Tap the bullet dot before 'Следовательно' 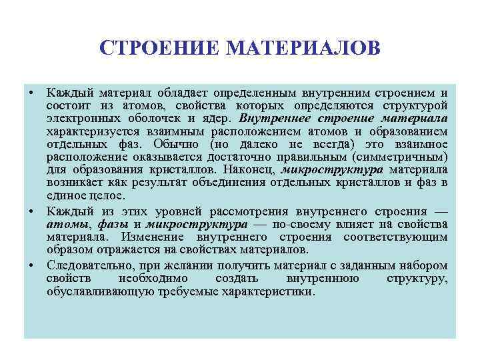pos(31,265)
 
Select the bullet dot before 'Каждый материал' pos(31,92)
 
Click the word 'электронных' pos(79,119)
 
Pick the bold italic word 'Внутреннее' pos(270,119)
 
